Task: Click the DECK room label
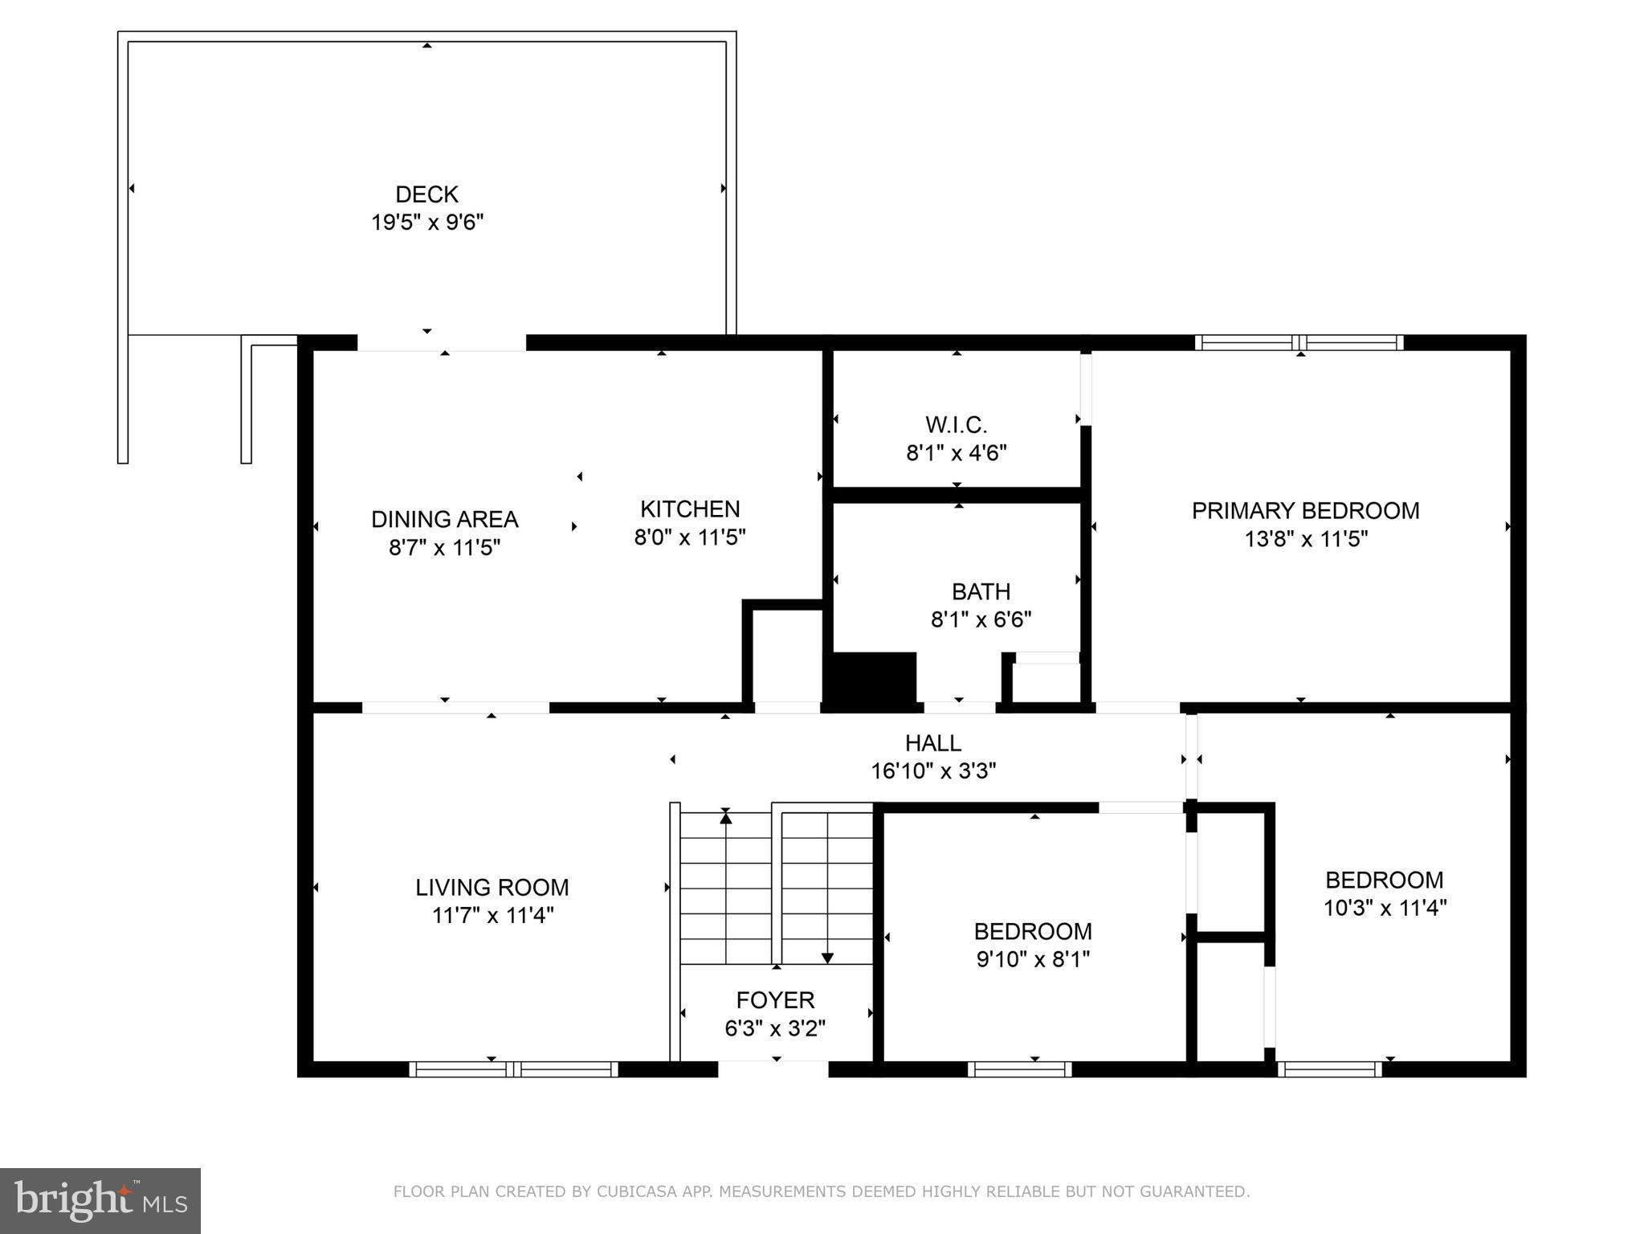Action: pos(426,194)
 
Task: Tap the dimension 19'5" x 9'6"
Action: pos(426,223)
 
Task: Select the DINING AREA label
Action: pos(444,519)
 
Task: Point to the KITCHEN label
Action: pos(690,509)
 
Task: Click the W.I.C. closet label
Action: pos(956,424)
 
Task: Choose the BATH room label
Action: pos(981,591)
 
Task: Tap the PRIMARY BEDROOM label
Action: pos(1305,510)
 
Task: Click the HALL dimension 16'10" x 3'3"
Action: pos(933,771)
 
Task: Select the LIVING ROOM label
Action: pos(492,887)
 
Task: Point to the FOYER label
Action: pos(775,999)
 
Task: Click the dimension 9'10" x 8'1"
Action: pos(1033,959)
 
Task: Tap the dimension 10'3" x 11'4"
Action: pos(1385,908)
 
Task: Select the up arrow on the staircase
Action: pos(726,818)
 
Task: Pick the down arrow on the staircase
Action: pos(827,957)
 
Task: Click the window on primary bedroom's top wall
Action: pos(1299,343)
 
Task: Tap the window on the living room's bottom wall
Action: pos(513,1069)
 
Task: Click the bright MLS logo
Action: pos(100,1200)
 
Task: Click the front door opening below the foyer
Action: pos(773,1069)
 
